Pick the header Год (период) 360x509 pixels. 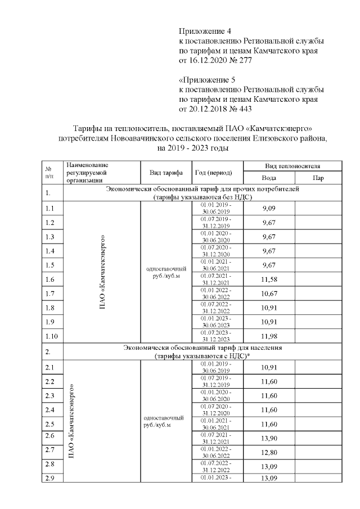point(213,172)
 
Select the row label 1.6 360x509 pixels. point(50,280)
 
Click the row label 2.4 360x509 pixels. point(50,409)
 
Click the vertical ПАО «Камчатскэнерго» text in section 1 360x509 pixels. point(103,272)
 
